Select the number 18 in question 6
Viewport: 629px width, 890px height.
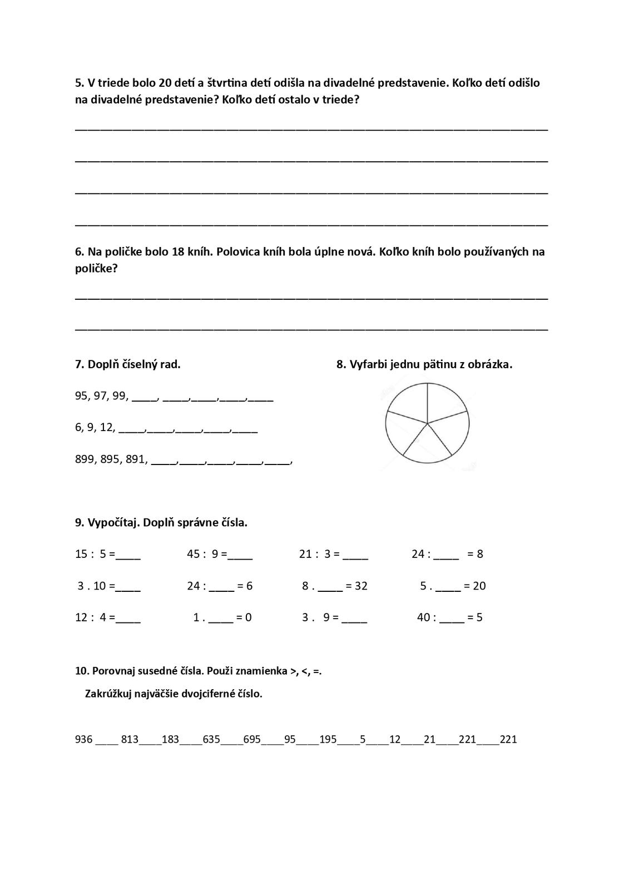pos(178,251)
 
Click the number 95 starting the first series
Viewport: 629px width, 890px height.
pos(81,395)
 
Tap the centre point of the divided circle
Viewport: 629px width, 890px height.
pos(427,423)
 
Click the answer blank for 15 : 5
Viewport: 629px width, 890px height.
pos(128,555)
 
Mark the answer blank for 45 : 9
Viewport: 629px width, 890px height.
pos(240,555)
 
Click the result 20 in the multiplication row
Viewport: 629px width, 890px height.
pos(479,586)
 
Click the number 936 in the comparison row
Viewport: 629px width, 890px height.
pos(84,739)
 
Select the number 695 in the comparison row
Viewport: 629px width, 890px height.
pos(252,739)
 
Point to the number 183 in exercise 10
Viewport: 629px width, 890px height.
pos(170,739)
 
